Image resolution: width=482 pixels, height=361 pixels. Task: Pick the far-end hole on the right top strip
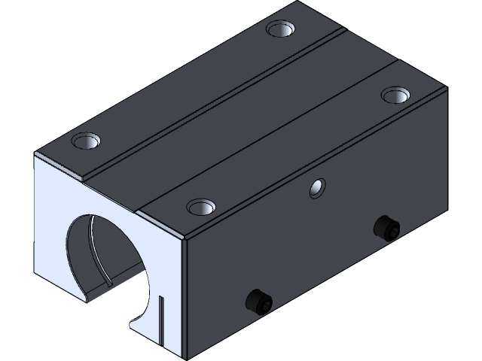pyautogui.click(x=392, y=94)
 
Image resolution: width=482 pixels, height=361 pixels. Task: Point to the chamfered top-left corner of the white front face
pyautogui.click(x=38, y=154)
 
